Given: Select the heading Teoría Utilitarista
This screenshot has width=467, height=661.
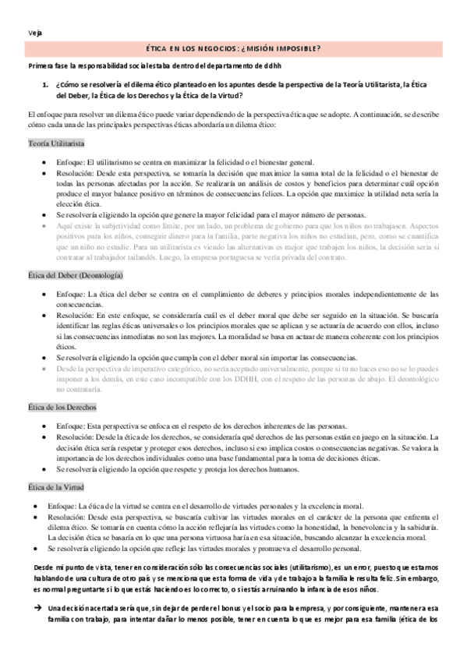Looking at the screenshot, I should point(56,144).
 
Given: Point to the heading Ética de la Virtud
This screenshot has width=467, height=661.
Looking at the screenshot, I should point(60,487).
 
